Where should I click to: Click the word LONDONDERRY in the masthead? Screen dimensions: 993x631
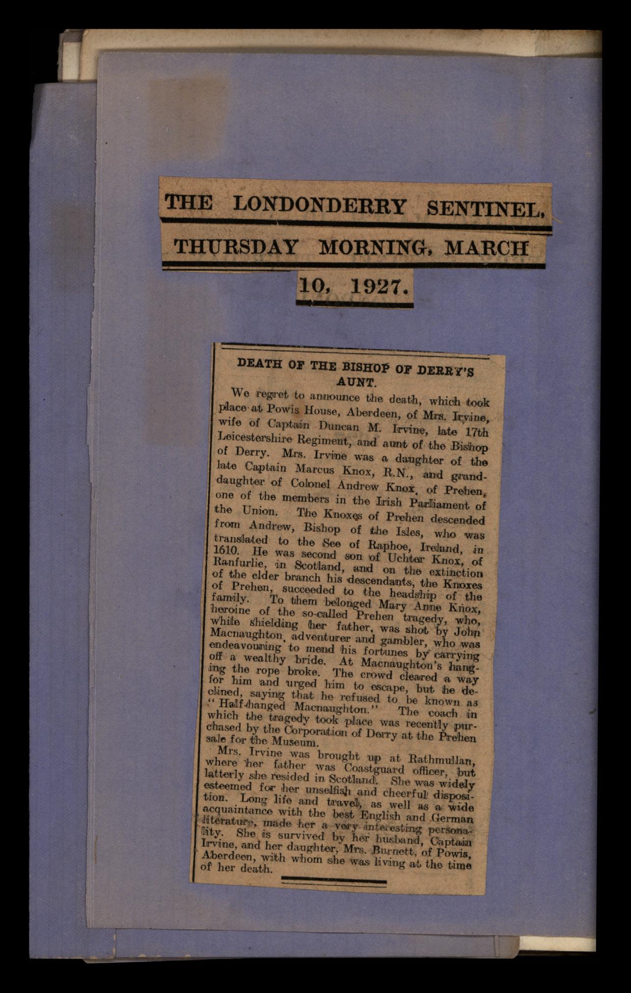(x=320, y=205)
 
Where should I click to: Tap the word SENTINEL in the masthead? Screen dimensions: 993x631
(x=484, y=208)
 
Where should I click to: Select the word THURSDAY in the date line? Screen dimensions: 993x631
(x=236, y=247)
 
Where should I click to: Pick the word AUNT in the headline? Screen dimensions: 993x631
(x=356, y=381)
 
